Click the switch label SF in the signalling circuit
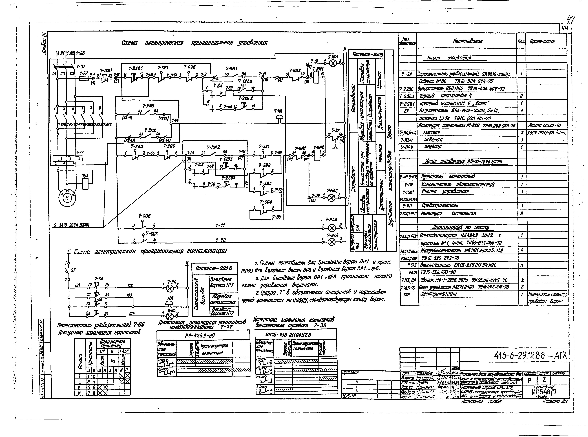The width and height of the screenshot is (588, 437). (x=73, y=270)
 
